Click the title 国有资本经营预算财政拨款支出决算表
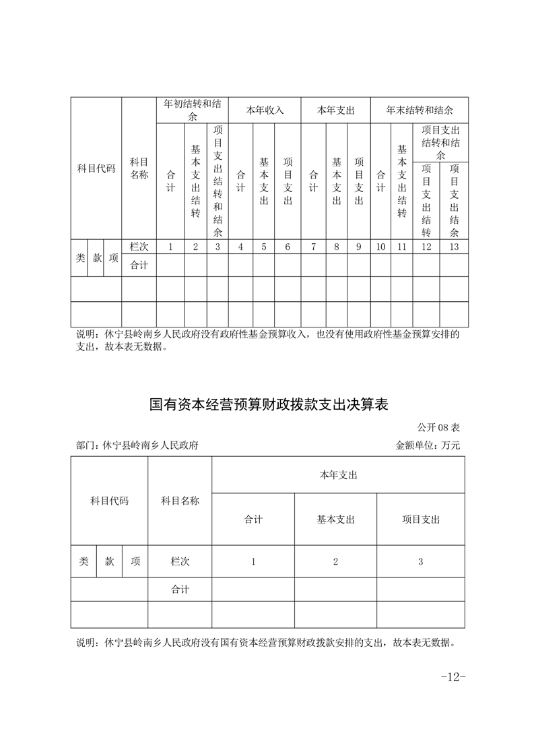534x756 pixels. point(269,405)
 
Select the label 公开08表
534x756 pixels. point(438,427)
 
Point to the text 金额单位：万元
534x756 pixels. point(428,445)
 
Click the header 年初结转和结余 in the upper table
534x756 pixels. point(193,110)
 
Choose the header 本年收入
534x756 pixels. point(265,110)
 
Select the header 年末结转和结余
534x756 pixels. point(420,110)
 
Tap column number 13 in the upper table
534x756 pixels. point(454,247)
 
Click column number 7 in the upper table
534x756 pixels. point(313,247)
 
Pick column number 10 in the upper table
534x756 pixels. point(380,247)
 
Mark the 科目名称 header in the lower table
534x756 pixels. point(180,501)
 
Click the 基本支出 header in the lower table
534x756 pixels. point(335,519)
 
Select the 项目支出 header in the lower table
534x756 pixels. point(421,519)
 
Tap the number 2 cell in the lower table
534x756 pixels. point(335,562)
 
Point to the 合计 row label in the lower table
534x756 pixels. point(180,590)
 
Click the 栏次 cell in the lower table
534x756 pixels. point(180,562)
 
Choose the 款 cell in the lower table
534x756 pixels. point(109,562)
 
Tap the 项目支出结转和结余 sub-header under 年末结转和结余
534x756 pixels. point(440,142)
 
